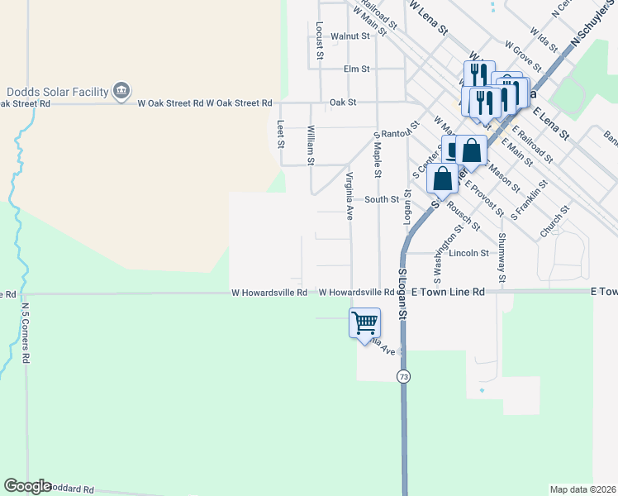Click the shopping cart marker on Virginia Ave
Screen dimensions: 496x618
pos(364,322)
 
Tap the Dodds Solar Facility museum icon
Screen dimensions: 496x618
pos(121,89)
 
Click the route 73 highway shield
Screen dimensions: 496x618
pos(403,376)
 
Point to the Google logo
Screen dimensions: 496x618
pos(27,486)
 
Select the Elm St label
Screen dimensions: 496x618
pos(356,69)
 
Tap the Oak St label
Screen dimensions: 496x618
pos(342,103)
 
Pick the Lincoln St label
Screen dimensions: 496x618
pos(469,253)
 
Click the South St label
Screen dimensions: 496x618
pos(382,199)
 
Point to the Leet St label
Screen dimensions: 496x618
pos(281,133)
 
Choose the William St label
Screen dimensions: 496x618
pos(311,144)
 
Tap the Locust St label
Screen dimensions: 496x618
pos(318,40)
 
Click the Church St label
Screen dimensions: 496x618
pos(555,222)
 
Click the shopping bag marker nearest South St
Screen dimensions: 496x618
pos(443,179)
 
